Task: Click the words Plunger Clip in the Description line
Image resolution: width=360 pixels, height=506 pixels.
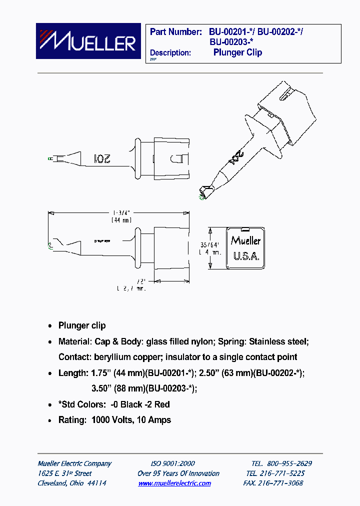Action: (237, 52)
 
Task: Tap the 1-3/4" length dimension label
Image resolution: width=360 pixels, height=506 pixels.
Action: (120, 212)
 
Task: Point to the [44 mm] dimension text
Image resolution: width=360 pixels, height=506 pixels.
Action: (120, 219)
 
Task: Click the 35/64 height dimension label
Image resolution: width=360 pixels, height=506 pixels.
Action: (209, 244)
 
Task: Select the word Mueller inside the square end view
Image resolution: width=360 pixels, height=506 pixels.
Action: (245, 240)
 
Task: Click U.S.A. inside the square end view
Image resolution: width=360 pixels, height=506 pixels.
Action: (245, 256)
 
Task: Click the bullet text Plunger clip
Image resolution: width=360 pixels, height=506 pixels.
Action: (82, 325)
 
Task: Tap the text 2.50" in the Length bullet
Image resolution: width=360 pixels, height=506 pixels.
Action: (209, 373)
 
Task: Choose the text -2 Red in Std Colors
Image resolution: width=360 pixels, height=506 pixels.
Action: (158, 404)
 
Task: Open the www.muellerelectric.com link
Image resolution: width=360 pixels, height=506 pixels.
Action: (174, 483)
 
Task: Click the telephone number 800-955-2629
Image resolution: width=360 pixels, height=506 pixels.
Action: (288, 463)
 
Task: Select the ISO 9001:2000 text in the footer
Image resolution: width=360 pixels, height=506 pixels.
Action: (172, 463)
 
